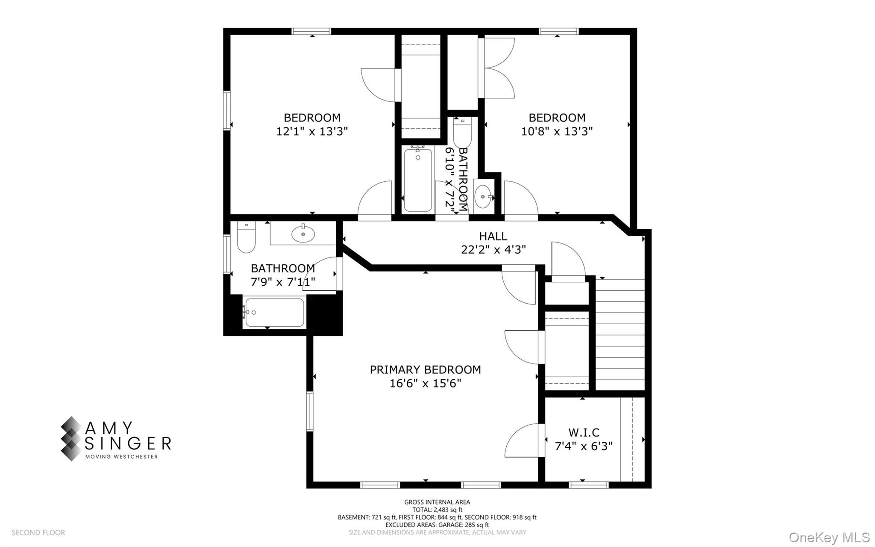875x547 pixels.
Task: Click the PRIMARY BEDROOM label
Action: [x=425, y=370]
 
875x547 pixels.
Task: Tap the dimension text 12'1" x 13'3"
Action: [x=312, y=131]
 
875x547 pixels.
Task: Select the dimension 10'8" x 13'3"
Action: [x=557, y=131]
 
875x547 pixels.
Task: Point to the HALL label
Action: [x=493, y=236]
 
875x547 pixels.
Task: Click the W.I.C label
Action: [x=584, y=432]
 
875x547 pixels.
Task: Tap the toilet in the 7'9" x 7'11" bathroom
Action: [x=246, y=239]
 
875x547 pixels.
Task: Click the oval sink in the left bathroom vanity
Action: [x=303, y=234]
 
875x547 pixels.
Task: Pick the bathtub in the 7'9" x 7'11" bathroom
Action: [x=274, y=313]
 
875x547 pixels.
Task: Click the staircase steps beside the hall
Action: [x=620, y=334]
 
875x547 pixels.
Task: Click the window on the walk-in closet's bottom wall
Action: [x=589, y=485]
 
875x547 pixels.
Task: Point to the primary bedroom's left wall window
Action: [x=310, y=411]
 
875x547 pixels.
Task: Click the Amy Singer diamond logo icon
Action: [x=71, y=438]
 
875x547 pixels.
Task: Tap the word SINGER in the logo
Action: [x=128, y=444]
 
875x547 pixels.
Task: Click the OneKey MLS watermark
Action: [x=829, y=537]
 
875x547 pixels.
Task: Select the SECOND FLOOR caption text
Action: [x=38, y=532]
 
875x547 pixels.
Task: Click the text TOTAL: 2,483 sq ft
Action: [x=437, y=509]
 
